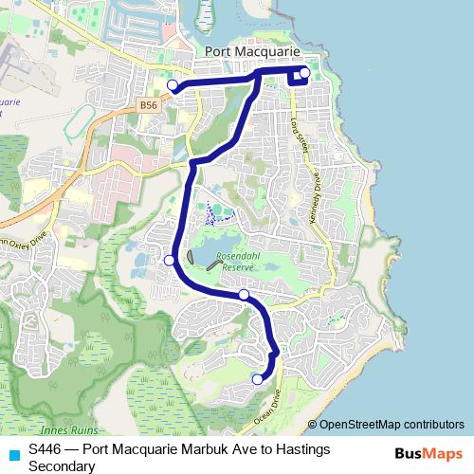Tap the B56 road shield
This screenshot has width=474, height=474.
[148, 106]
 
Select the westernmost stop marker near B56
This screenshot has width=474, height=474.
[173, 85]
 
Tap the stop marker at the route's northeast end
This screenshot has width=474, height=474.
[304, 73]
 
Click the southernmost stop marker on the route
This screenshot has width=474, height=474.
[256, 379]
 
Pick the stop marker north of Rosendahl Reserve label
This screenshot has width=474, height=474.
[244, 295]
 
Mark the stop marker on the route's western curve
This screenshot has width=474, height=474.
[169, 260]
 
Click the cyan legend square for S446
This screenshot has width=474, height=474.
[11, 449]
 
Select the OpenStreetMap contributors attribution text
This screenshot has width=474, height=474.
[391, 424]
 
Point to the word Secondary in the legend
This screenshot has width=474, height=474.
[62, 465]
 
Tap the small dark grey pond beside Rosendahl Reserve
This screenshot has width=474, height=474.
[193, 257]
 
